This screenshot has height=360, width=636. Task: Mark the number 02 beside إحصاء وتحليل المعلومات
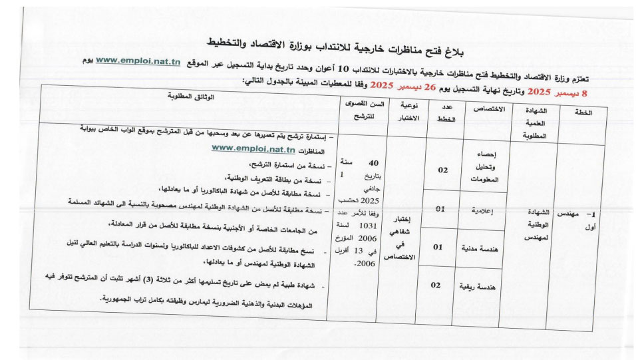(x=443, y=170)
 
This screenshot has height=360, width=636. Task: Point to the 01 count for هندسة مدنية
(x=438, y=247)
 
